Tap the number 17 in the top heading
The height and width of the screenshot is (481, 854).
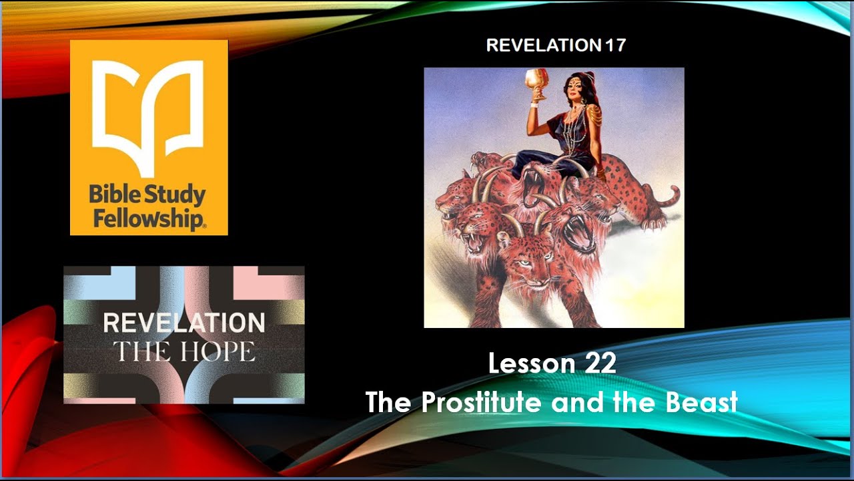pyautogui.click(x=615, y=45)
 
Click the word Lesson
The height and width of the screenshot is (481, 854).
pyautogui.click(x=531, y=364)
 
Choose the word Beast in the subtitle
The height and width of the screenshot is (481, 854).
pyautogui.click(x=705, y=402)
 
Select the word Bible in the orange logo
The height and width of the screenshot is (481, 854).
pyautogui.click(x=112, y=196)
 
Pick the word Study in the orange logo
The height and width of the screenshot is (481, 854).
pyautogui.click(x=177, y=196)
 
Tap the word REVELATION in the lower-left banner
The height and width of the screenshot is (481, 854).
pyautogui.click(x=183, y=323)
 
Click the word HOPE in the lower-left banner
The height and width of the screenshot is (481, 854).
pyautogui.click(x=221, y=351)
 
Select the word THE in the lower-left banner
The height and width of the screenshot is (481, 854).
pyautogui.click(x=142, y=351)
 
